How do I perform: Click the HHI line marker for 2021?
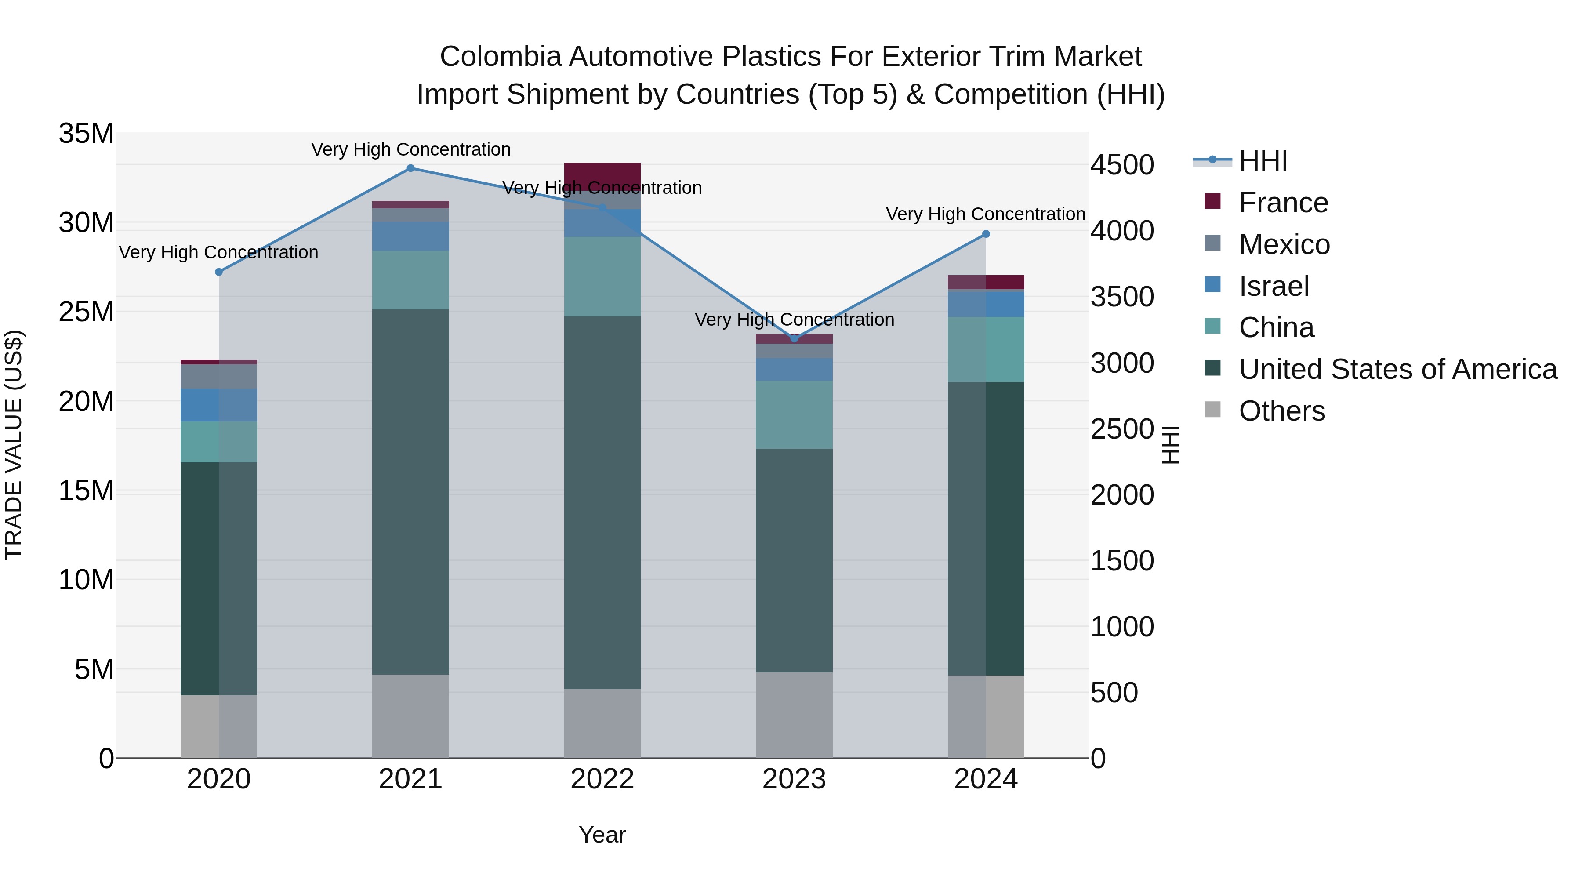[x=410, y=168]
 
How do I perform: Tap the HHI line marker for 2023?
[x=794, y=338]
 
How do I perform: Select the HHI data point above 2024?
[x=986, y=234]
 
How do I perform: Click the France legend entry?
[x=1283, y=203]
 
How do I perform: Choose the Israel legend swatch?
[x=1212, y=285]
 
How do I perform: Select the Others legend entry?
[x=1282, y=411]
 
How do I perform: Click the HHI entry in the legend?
[x=1263, y=161]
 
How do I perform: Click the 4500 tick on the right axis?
[x=1122, y=165]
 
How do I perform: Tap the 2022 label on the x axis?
[x=602, y=779]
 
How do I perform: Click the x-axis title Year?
[x=602, y=835]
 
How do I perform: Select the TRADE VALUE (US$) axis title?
[x=14, y=445]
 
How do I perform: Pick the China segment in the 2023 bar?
[x=794, y=414]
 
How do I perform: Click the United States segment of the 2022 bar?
[x=602, y=502]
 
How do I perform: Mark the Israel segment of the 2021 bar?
[x=410, y=236]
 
